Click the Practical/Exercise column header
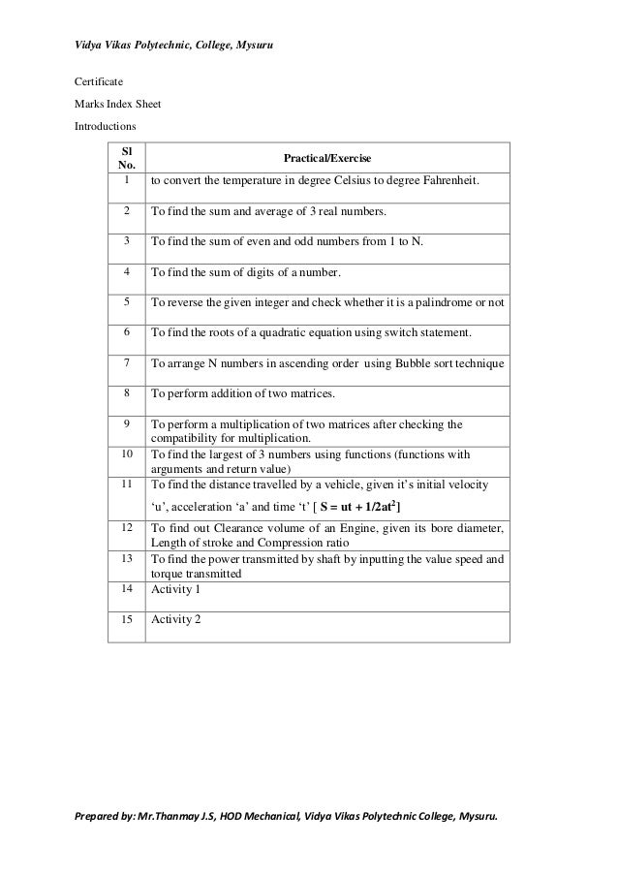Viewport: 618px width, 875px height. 326,158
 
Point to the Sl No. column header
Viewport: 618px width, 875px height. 125,159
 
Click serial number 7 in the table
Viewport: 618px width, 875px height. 126,362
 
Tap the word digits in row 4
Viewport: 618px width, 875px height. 273,272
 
